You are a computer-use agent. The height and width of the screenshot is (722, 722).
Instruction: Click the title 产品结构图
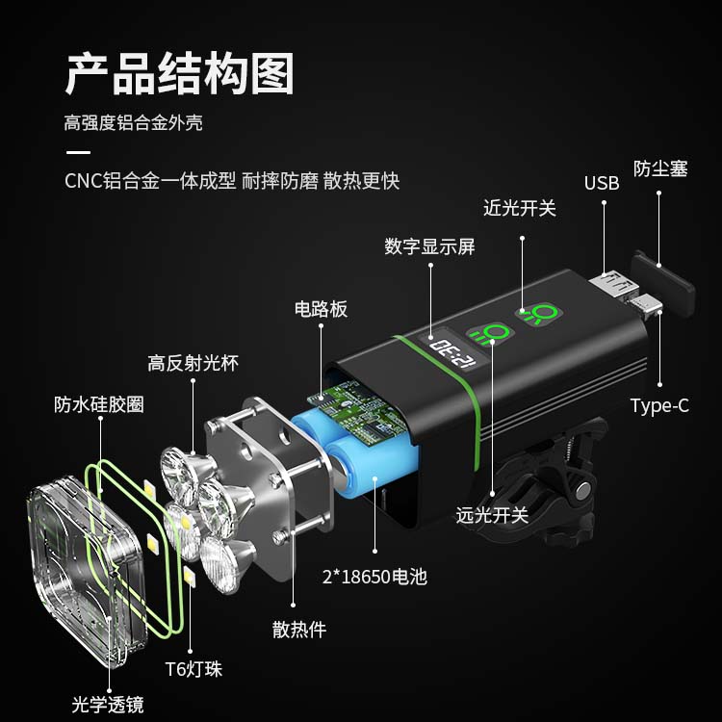point(180,74)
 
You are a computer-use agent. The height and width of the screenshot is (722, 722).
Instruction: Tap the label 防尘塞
point(660,169)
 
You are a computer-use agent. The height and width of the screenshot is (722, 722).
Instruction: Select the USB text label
point(602,183)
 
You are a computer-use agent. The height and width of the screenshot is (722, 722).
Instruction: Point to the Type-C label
point(659,405)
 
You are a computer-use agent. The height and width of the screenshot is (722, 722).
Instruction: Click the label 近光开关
point(520,209)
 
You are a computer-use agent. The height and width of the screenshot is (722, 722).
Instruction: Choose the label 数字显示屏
point(429,246)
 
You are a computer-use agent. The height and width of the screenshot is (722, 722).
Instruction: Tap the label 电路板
point(321,309)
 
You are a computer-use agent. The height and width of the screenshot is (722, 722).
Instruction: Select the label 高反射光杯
point(193,363)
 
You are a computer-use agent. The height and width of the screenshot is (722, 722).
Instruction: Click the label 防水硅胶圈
point(99,404)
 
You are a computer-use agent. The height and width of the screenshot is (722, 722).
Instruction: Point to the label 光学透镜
point(108,705)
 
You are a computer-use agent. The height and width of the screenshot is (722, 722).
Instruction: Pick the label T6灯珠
point(193,669)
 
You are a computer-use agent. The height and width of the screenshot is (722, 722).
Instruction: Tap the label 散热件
point(299,630)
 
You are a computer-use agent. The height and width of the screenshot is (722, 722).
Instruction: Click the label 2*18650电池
point(374,577)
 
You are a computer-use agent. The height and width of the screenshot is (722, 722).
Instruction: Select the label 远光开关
point(492,515)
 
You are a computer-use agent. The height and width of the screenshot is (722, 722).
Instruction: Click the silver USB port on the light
point(613,285)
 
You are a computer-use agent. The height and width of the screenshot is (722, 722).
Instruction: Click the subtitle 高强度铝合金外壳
point(134,123)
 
